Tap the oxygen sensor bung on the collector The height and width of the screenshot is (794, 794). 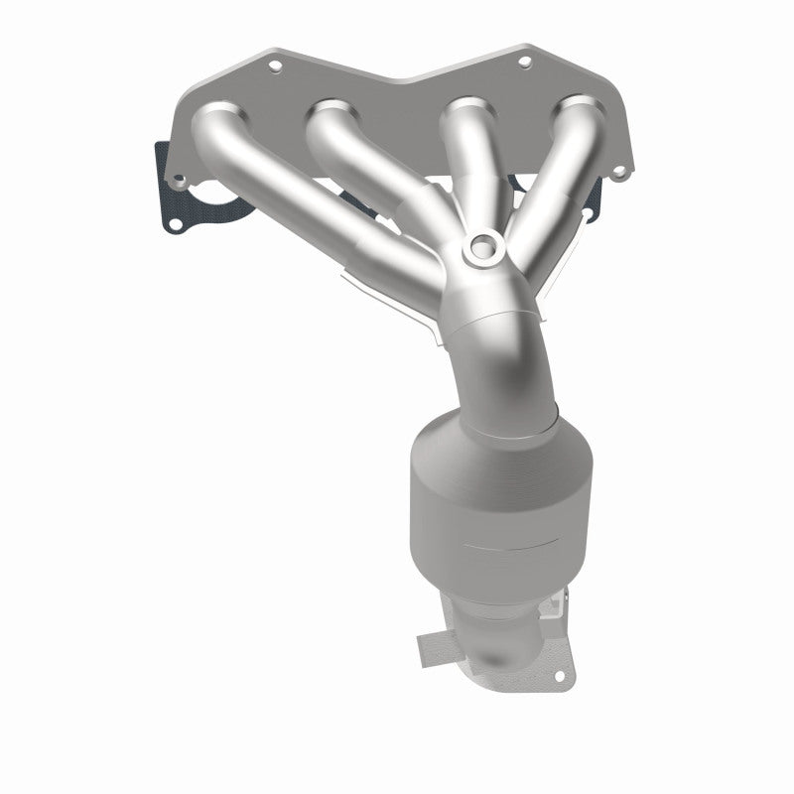[482, 244]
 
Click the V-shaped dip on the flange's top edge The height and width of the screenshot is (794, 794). [401, 76]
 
